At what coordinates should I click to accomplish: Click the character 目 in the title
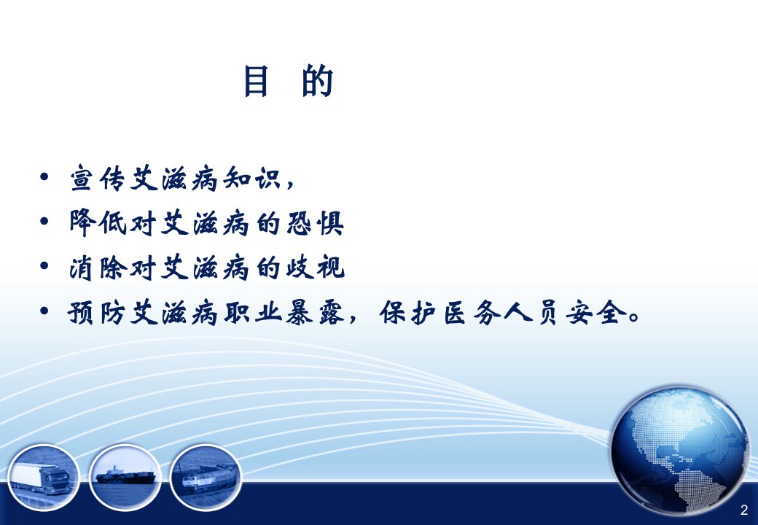click(257, 81)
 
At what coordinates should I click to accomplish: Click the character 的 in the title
click(318, 81)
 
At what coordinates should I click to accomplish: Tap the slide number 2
click(744, 510)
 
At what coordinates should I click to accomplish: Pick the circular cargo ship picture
click(125, 477)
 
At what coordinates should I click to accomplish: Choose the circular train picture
click(206, 477)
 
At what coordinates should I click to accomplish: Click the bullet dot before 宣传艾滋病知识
click(44, 177)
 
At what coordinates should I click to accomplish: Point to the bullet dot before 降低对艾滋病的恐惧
click(44, 222)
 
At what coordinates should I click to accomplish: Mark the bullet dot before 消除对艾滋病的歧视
click(44, 266)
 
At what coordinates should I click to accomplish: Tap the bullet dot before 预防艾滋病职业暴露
click(44, 311)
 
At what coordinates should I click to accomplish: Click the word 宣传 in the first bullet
click(99, 178)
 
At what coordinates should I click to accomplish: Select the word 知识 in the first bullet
click(252, 178)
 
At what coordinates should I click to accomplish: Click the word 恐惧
click(315, 222)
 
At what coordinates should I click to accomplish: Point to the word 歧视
click(315, 267)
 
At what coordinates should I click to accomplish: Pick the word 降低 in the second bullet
click(98, 222)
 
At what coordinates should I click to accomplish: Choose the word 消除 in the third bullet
click(98, 267)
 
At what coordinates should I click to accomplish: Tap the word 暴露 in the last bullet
click(315, 312)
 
